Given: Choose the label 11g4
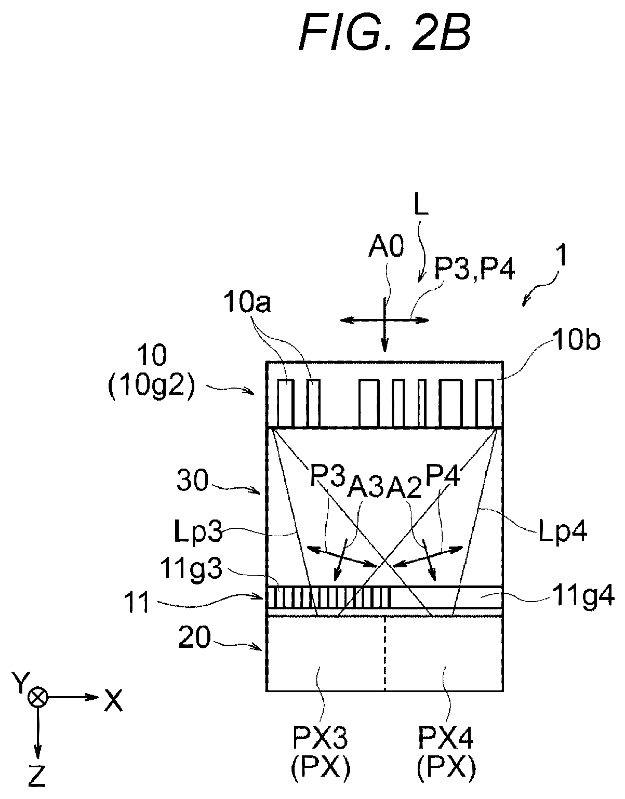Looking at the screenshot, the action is tap(583, 597).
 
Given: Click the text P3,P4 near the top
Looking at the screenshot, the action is tap(475, 270).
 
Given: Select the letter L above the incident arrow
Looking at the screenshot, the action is tap(421, 206).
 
